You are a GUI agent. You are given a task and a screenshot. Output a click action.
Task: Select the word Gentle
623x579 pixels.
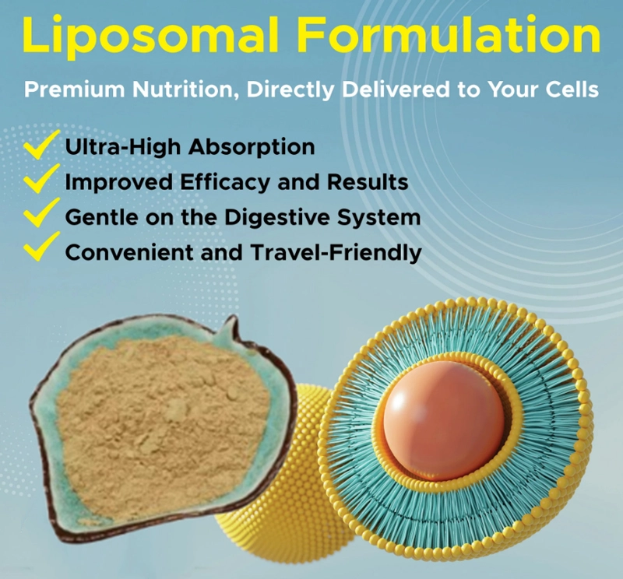coord(97,217)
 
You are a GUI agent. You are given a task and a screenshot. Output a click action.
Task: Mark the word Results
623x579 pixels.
coord(370,182)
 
